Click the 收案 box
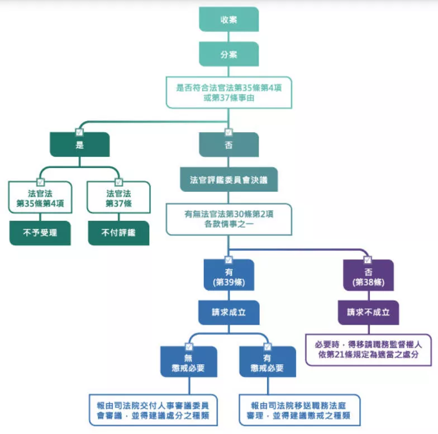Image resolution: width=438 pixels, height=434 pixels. [x=229, y=19]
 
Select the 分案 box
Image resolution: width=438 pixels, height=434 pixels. [x=229, y=54]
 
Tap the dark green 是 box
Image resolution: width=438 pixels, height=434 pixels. [x=79, y=144]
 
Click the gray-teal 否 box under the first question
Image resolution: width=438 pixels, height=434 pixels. [x=229, y=144]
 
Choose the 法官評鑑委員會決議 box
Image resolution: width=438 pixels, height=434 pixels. [x=229, y=180]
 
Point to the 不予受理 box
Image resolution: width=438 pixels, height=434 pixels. [x=40, y=233]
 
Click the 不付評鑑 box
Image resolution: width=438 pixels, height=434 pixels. [x=118, y=233]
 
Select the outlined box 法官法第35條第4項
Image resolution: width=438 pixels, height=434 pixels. [x=40, y=197]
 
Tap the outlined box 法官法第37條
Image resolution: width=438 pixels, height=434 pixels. [x=118, y=197]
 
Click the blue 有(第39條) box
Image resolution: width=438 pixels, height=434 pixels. [x=229, y=275]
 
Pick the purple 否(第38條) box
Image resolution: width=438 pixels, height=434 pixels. [x=368, y=275]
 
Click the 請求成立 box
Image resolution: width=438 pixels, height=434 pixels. [x=229, y=312]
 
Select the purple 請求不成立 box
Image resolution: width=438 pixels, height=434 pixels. [x=368, y=312]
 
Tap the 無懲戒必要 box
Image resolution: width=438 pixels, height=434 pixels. [x=189, y=361]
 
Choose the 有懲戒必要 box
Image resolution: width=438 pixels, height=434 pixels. [x=267, y=361]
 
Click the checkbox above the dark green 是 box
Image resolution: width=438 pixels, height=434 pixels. [x=79, y=132]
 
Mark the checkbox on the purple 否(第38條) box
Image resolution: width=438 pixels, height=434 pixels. [x=368, y=260]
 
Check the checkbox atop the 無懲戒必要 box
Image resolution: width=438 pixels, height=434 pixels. [x=189, y=347]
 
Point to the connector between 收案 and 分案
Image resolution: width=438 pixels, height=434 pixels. [x=229, y=37]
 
